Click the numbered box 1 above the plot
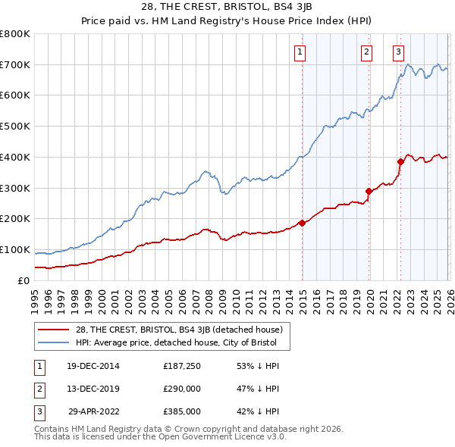click(300, 52)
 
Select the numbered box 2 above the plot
click(366, 52)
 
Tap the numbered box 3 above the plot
click(398, 52)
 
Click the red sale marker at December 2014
click(302, 223)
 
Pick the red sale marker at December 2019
click(369, 191)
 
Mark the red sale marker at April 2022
click(400, 161)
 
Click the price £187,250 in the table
click(181, 367)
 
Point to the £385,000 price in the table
click(181, 412)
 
